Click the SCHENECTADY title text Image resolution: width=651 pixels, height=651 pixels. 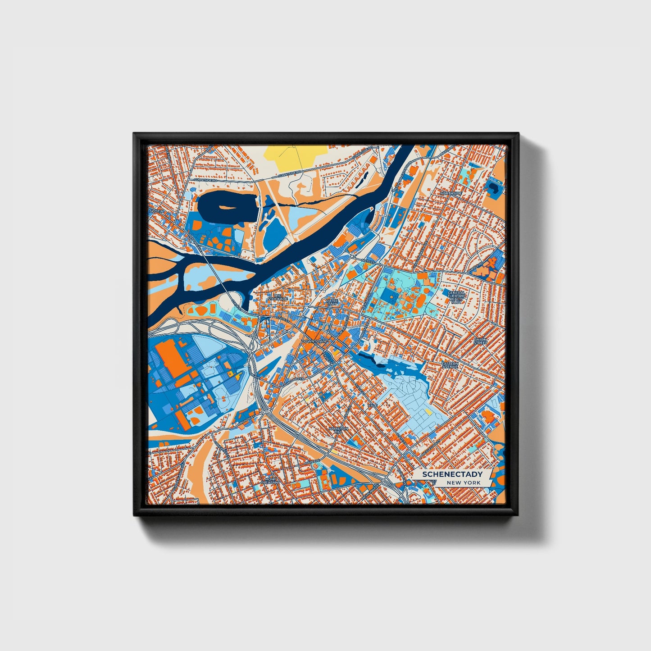452,474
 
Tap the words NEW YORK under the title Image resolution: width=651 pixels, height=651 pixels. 464,483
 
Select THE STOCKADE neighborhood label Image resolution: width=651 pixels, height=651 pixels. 277,297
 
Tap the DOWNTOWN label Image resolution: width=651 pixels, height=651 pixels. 314,341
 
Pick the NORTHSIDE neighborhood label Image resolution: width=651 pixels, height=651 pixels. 451,193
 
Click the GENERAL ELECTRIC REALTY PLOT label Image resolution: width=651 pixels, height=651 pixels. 456,297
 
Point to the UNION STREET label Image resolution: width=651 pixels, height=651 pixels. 481,341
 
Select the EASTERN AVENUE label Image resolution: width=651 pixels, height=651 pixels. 450,365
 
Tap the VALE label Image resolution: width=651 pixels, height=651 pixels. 373,405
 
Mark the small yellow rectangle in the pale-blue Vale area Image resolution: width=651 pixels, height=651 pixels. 429,412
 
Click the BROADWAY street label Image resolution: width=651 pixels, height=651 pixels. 246,420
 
